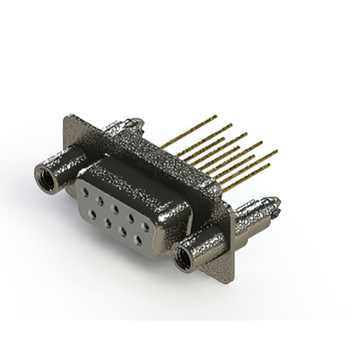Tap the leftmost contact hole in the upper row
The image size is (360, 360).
pyautogui.click(x=85, y=191)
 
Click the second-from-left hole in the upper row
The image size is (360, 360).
pyautogui.click(x=100, y=200)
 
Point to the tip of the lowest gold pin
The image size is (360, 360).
pyautogui.click(x=268, y=165)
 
